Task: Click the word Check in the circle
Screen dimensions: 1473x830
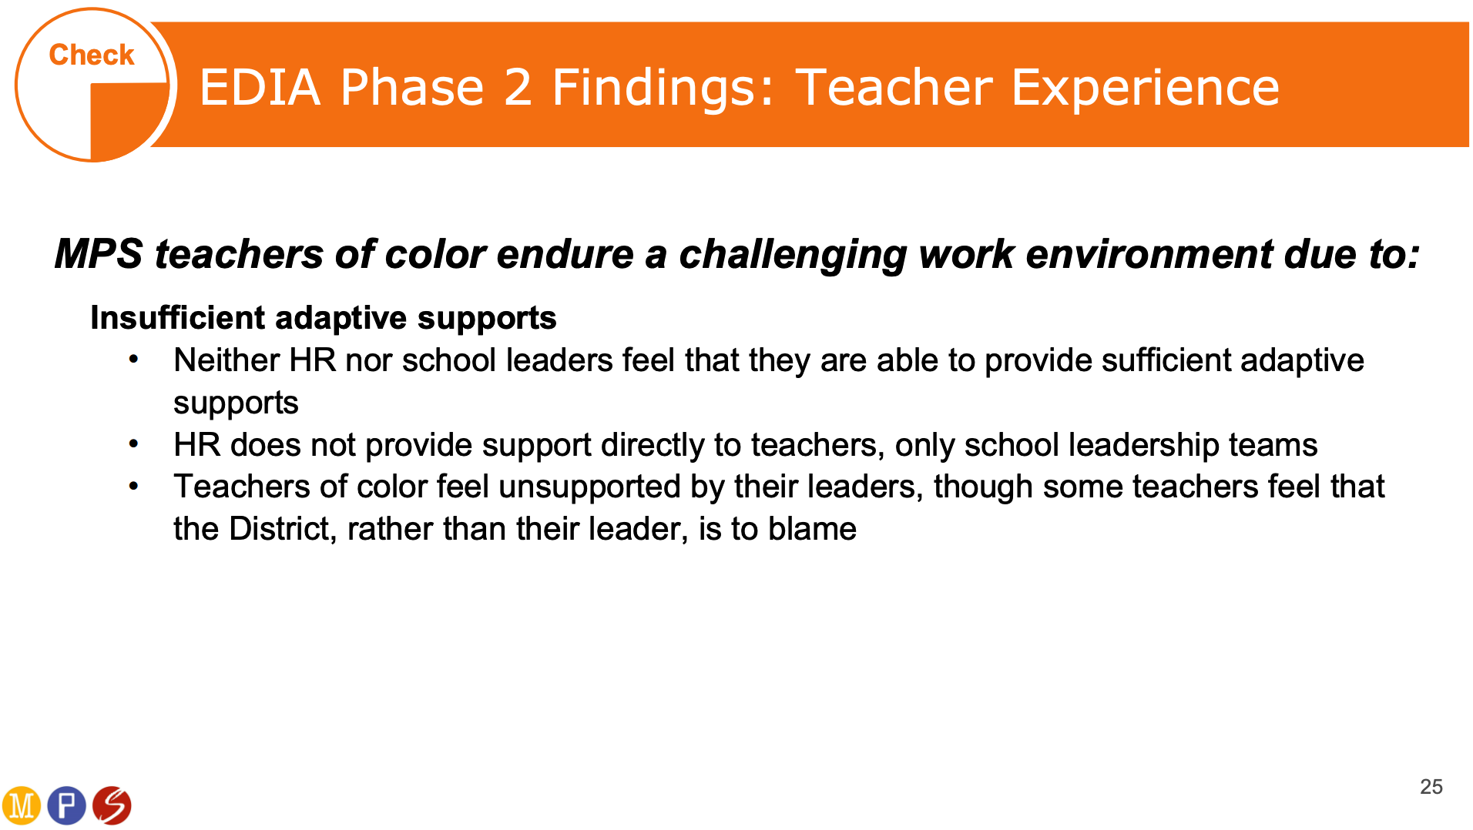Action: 92,55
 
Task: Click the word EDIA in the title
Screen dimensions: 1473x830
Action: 260,87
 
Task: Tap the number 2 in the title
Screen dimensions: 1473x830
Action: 518,87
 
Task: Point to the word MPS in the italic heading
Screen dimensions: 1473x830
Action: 99,253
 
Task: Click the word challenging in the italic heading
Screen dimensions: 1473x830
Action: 792,255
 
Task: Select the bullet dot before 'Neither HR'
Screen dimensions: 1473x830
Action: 134,359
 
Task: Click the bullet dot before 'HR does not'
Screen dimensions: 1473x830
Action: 134,443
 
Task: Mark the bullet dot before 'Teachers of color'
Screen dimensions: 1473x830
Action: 134,486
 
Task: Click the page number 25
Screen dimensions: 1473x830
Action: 1431,787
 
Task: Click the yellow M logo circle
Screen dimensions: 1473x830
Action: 22,805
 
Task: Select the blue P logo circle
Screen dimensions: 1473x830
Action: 67,805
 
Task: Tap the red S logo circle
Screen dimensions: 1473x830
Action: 112,805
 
